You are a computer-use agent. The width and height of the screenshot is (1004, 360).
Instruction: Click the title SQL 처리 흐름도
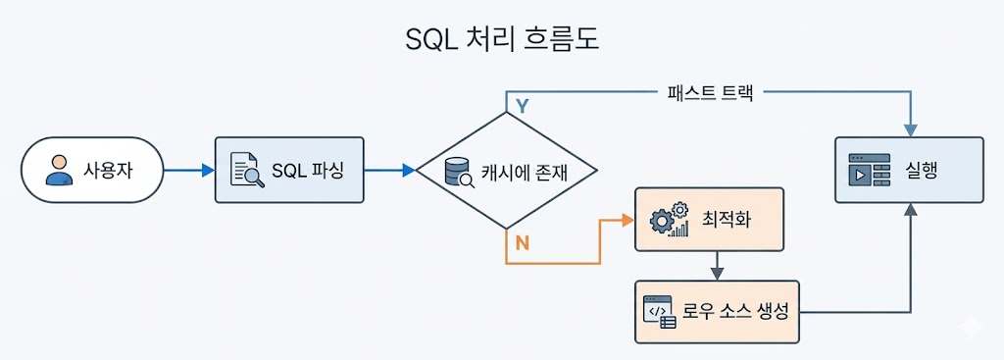coord(501,40)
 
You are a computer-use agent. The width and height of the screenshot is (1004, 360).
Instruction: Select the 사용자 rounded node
coord(92,170)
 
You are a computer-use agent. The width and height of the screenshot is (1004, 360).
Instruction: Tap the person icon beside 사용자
coord(60,170)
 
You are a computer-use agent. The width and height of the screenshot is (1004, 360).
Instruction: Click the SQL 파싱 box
coord(289,170)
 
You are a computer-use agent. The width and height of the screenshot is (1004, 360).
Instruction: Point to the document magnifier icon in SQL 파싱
coord(246,171)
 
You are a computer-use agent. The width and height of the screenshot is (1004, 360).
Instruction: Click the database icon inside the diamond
coord(459,173)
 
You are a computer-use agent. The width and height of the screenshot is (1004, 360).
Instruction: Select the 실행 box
coord(909,170)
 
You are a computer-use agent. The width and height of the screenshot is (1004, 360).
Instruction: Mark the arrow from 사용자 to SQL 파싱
coord(189,171)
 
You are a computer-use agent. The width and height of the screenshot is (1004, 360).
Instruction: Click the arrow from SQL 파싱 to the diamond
coord(389,171)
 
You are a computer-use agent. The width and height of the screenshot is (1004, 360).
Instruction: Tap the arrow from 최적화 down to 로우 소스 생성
coord(718,265)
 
